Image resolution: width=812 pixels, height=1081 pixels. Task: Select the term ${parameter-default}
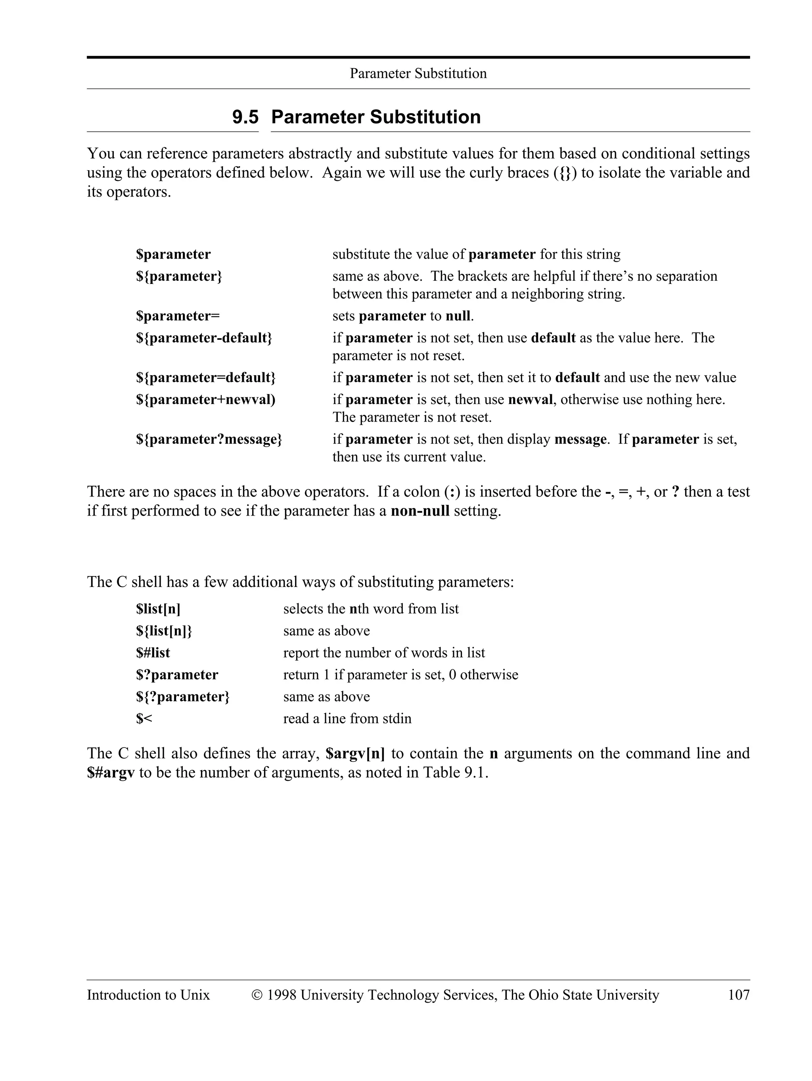(x=204, y=338)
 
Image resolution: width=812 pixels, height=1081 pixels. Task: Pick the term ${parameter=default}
(x=205, y=377)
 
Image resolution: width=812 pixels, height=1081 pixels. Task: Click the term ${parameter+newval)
(x=205, y=399)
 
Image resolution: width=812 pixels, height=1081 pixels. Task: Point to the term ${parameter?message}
(x=209, y=439)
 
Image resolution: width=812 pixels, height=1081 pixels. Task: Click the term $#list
(x=153, y=652)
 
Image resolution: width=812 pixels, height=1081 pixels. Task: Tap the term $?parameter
(x=177, y=675)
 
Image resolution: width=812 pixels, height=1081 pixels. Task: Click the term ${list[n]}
(x=164, y=631)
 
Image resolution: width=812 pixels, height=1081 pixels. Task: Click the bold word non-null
(x=420, y=511)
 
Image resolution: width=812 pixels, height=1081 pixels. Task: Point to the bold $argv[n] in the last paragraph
(x=355, y=753)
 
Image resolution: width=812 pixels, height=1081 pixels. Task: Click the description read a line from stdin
(x=347, y=719)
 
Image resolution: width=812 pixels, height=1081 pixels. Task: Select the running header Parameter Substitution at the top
(x=418, y=73)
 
